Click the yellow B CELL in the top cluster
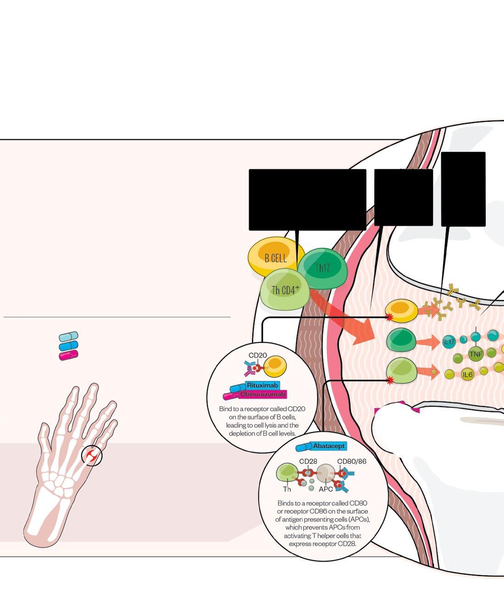click(x=274, y=257)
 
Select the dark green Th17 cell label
click(x=323, y=268)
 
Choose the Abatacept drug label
click(x=329, y=446)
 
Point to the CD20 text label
click(x=258, y=355)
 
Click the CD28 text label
click(x=308, y=461)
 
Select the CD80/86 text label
click(x=352, y=461)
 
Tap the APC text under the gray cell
click(x=326, y=489)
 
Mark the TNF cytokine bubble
click(x=476, y=354)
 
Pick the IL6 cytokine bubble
click(x=467, y=374)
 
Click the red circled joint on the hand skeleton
click(x=92, y=456)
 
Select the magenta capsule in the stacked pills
click(x=68, y=355)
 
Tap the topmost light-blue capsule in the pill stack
click(x=68, y=336)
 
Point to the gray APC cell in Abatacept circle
click(x=325, y=472)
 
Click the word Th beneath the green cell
click(x=287, y=489)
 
